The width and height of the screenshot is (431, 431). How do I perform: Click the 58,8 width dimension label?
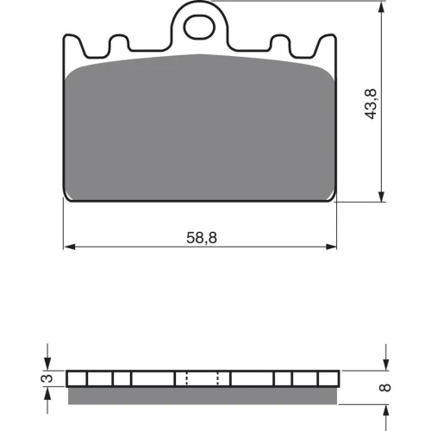pyautogui.click(x=202, y=238)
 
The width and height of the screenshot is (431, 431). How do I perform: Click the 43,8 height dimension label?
pyautogui.click(x=371, y=103)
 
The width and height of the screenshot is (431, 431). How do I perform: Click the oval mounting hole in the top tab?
pyautogui.click(x=199, y=28)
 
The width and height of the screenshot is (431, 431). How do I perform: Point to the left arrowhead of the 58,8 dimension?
pyautogui.click(x=70, y=247)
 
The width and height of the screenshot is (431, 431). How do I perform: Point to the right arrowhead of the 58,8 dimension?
pyautogui.click(x=331, y=247)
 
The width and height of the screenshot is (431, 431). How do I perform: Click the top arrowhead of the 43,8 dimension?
pyautogui.click(x=381, y=7)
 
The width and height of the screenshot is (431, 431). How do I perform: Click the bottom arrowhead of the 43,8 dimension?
pyautogui.click(x=381, y=196)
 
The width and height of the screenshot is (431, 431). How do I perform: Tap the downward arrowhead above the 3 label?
pyautogui.click(x=47, y=364)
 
